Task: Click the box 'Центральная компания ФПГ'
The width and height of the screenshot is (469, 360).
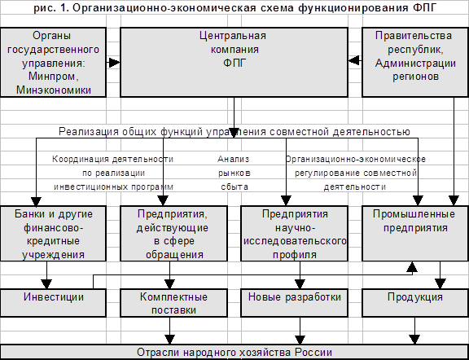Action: coord(234,62)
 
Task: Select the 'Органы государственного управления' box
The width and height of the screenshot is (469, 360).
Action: coord(53,62)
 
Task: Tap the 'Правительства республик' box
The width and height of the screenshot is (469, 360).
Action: coord(415,62)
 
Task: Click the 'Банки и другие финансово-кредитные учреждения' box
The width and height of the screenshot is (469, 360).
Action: coord(53,234)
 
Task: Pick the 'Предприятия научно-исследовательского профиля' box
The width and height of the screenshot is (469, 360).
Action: coord(294,234)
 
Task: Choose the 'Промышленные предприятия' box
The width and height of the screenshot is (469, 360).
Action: coord(415,234)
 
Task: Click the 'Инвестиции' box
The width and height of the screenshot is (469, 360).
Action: coord(53,303)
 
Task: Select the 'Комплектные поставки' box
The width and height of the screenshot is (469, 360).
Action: coord(173,303)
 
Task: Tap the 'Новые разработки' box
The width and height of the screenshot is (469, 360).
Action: coord(294,303)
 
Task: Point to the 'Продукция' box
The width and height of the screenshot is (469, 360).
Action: coord(415,303)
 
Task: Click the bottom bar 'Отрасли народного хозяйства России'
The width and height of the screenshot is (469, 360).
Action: coord(234,352)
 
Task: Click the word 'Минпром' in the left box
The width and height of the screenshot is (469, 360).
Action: coord(53,77)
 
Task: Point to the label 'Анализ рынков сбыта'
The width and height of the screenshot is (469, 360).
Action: coord(234,173)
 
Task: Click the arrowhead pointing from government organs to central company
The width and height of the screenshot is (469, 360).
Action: coord(114,63)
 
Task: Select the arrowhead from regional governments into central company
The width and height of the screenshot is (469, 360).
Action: coord(354,60)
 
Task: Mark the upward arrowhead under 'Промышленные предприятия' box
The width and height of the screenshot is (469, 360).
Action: coord(412,266)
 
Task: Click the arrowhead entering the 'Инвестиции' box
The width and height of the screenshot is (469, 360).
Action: coord(46,284)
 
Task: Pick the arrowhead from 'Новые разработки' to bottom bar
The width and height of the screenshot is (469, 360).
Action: coord(300,340)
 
